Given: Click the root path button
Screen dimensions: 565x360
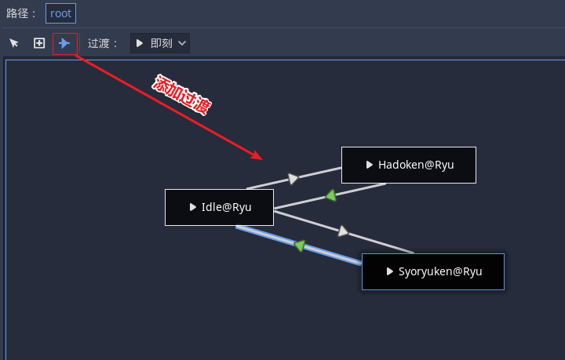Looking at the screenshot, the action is (60, 13).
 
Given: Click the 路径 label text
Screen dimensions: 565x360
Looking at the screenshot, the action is (22, 13).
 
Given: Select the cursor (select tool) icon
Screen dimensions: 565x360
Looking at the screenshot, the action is (14, 43).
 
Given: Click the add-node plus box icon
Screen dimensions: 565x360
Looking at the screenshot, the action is (39, 43).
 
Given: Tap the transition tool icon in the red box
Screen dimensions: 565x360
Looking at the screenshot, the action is (64, 43).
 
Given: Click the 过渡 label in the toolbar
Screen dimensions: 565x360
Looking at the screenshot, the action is (103, 43).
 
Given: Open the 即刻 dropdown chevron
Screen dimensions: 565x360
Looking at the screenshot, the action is (183, 43).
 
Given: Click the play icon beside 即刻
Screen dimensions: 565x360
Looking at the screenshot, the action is (140, 43).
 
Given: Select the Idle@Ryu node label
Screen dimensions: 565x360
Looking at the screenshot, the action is (226, 207).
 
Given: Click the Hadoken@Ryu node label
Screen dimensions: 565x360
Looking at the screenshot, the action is (416, 165).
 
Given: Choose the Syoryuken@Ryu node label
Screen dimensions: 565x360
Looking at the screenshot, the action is (440, 271).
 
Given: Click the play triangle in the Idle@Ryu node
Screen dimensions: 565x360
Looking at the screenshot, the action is (193, 207).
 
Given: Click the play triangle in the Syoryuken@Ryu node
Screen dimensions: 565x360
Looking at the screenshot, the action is (390, 271).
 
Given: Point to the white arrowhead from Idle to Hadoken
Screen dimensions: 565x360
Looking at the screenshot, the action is (293, 179).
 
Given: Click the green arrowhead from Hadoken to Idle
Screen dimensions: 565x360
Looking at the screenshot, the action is (331, 195).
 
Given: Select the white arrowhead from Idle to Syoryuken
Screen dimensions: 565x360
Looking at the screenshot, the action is (343, 231).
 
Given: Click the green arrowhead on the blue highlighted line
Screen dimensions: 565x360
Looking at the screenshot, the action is (299, 245).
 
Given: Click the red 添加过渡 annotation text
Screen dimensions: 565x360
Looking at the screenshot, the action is (182, 96).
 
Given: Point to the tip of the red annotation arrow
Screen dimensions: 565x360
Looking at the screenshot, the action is (261, 158).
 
